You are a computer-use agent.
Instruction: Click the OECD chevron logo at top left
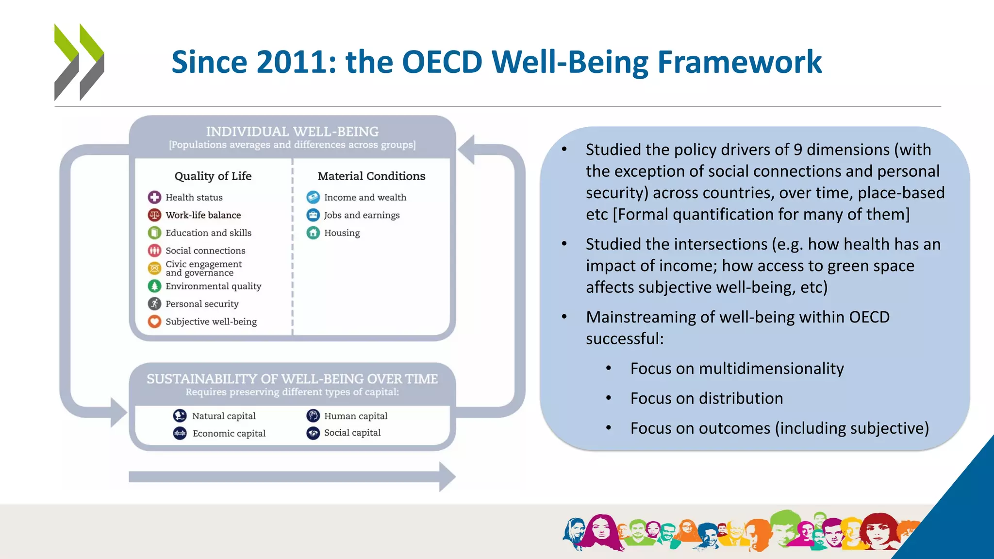[x=79, y=62]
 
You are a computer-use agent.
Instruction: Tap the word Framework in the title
[x=739, y=62]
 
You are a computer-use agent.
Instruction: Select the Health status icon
[x=154, y=197]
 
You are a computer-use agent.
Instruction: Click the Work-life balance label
[x=203, y=215]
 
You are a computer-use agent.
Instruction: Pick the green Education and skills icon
[x=154, y=233]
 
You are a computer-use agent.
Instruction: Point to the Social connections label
[x=205, y=251]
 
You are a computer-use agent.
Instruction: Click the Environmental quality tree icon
[x=154, y=286]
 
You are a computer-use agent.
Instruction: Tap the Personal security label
[x=202, y=304]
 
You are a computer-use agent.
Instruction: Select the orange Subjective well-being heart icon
[x=154, y=322]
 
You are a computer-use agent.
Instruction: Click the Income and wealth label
[x=365, y=197]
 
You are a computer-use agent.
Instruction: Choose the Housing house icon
[x=313, y=233]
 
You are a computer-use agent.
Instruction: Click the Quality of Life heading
[x=213, y=176]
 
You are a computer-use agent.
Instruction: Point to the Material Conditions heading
[x=371, y=176]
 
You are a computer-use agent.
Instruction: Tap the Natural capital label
[x=224, y=416]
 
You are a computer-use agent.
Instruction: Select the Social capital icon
[x=313, y=433]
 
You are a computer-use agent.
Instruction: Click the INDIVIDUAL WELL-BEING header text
[x=292, y=132]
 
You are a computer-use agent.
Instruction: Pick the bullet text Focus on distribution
[x=706, y=398]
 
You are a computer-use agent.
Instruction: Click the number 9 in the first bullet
[x=797, y=150]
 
